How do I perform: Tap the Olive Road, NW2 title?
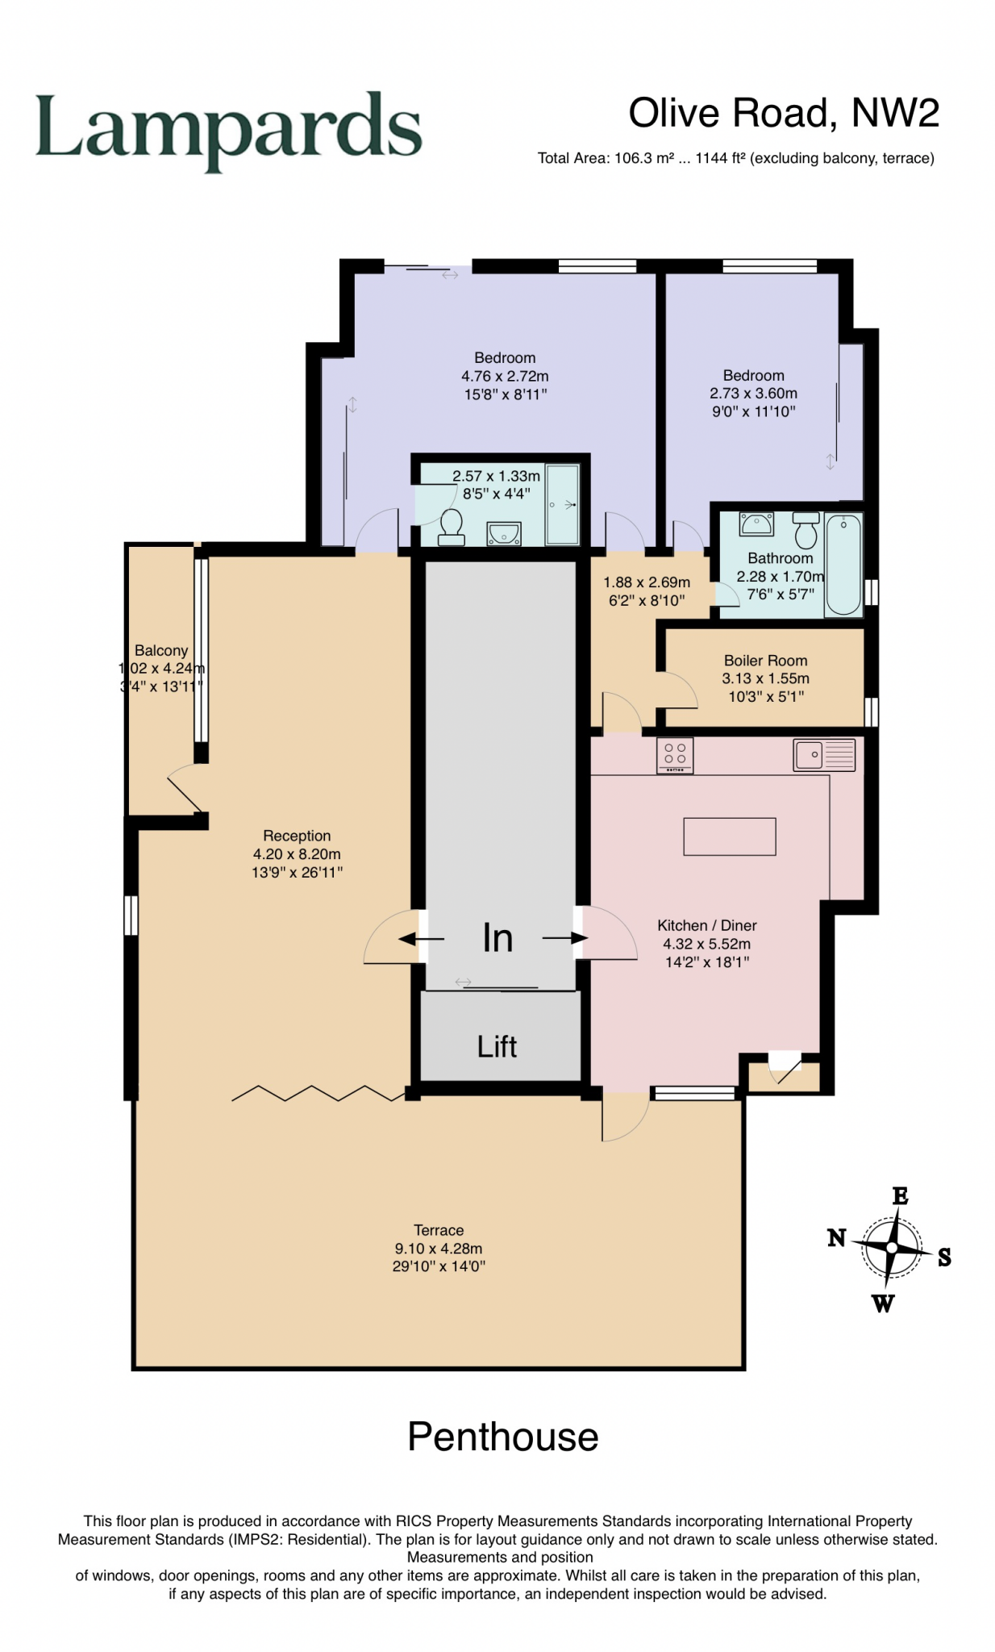[x=783, y=113]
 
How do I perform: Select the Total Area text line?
[x=735, y=158]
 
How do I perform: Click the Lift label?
[x=496, y=1047]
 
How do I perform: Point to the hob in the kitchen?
[x=675, y=757]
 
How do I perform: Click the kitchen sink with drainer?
[x=823, y=755]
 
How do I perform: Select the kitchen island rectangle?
[x=729, y=836]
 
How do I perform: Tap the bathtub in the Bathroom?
[x=843, y=564]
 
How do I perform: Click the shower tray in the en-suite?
[x=562, y=504]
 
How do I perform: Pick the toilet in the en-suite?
[x=452, y=526]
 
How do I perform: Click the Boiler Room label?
[x=765, y=661]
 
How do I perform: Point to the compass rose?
[x=891, y=1248]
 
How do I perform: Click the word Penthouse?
[x=502, y=1437]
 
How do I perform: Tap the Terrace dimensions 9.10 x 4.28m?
[x=438, y=1248]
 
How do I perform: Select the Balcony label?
[x=161, y=650]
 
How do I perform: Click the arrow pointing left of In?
[x=422, y=939]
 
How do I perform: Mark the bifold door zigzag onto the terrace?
[x=317, y=1094]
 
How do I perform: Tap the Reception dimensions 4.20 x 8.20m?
[x=297, y=853]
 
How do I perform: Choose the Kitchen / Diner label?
[x=706, y=925]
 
